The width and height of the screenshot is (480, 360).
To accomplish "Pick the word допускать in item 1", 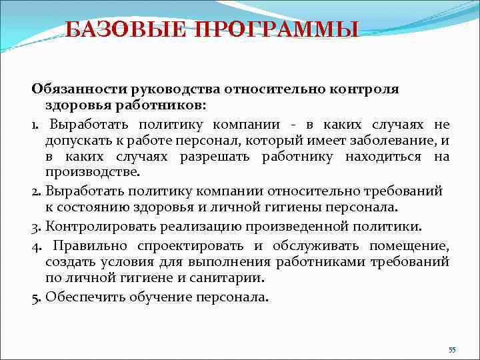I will click(x=74, y=140).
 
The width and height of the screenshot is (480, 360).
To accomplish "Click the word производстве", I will click(x=93, y=172).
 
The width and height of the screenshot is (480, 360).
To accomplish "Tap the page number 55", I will click(x=452, y=350).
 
